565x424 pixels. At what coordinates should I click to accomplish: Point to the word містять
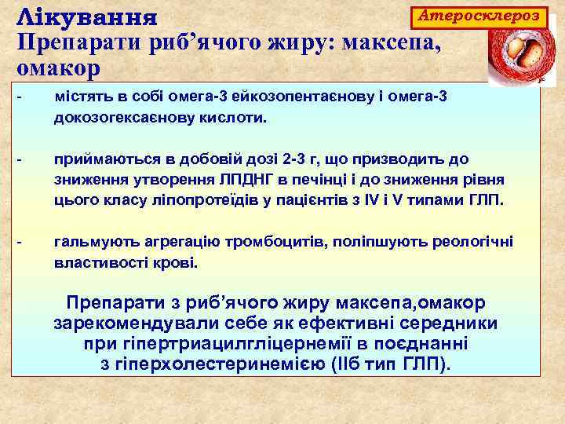(x=81, y=97)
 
